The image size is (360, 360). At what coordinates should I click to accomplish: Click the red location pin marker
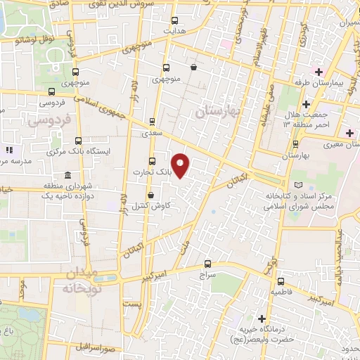[x=181, y=165]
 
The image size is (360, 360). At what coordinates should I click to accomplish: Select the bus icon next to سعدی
[x=153, y=121]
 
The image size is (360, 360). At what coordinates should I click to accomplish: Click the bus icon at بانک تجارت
[x=153, y=160]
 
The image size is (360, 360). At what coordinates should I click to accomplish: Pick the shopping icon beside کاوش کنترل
[x=151, y=195]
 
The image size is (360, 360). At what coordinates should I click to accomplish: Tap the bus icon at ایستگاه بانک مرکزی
[x=78, y=140]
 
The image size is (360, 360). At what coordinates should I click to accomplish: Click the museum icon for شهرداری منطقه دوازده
[x=67, y=175]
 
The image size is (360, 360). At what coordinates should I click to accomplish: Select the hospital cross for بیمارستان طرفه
[x=319, y=72]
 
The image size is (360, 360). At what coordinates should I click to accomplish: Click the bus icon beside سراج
[x=207, y=264]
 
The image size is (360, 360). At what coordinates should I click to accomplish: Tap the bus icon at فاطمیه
[x=281, y=280]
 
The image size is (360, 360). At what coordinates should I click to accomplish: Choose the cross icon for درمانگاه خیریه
[x=262, y=319]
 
